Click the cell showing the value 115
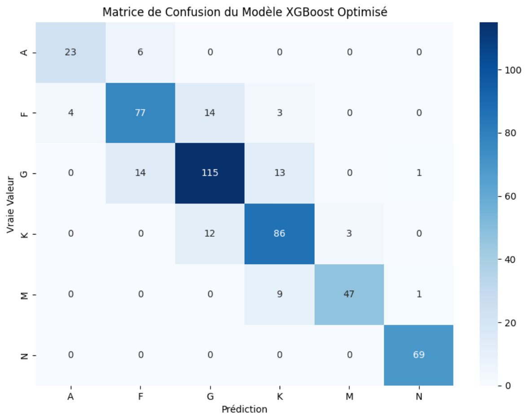click(x=210, y=173)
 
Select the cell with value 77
click(x=140, y=113)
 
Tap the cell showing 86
click(x=279, y=234)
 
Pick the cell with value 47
click(x=349, y=294)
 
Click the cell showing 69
click(x=418, y=354)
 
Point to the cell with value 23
click(x=70, y=52)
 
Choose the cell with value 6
click(x=140, y=52)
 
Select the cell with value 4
click(x=70, y=113)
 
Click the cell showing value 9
click(x=279, y=294)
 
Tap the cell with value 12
click(x=210, y=234)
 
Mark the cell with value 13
click(x=279, y=173)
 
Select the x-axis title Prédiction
click(x=244, y=409)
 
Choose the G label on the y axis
click(x=25, y=173)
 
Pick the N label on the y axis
click(x=25, y=355)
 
